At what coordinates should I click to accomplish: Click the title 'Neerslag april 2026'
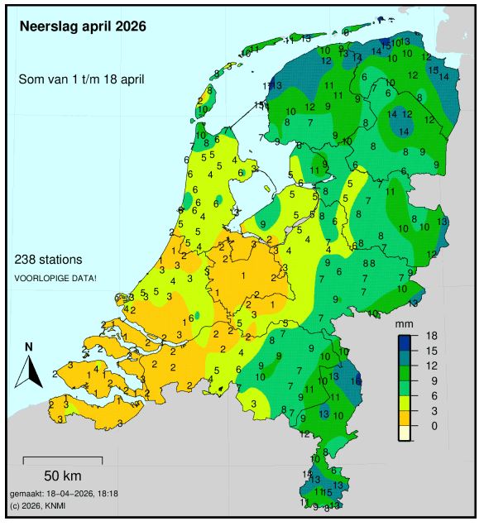[83, 26]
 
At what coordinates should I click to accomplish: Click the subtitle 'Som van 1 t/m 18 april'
[82, 79]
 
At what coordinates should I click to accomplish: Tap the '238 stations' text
[49, 259]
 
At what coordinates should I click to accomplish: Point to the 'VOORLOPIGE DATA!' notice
[55, 278]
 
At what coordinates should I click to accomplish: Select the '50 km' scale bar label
[62, 476]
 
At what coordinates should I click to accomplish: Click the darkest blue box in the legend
[405, 342]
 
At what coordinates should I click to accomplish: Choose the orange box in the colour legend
[405, 418]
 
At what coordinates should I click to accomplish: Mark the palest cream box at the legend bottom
[405, 433]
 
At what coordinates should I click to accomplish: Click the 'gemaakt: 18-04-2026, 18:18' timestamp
[65, 493]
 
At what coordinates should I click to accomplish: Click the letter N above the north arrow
[29, 347]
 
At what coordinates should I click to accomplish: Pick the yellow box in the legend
[405, 403]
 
